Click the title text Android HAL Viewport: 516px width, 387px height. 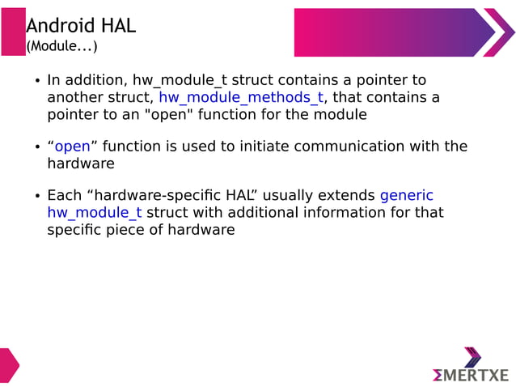(81, 26)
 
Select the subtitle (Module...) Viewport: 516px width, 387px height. (61, 47)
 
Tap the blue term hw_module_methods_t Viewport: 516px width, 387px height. (241, 98)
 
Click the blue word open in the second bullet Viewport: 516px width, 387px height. (72, 147)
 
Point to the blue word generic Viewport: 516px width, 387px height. (406, 195)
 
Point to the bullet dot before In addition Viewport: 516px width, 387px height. (36, 82)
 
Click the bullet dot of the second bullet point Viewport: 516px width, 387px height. (36, 147)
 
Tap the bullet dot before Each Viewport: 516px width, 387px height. (36, 197)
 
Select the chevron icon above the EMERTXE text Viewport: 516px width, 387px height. (472, 356)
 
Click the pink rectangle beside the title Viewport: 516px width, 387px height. (13, 32)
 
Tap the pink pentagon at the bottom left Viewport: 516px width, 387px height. (7, 365)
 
